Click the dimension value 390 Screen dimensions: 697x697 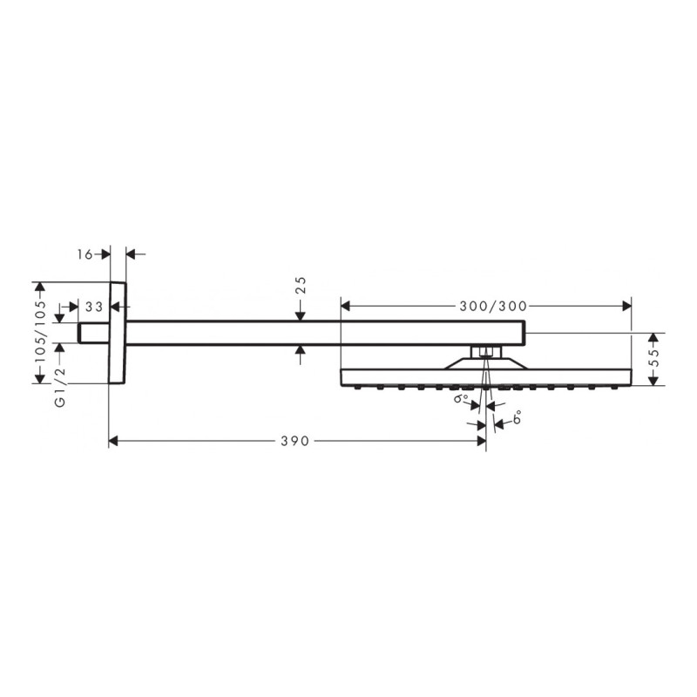(x=295, y=442)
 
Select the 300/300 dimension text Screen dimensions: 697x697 (x=492, y=306)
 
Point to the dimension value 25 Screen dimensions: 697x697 (x=301, y=285)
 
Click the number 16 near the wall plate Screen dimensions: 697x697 (x=85, y=254)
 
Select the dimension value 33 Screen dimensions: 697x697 (x=95, y=307)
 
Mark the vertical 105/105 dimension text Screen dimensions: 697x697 (x=37, y=332)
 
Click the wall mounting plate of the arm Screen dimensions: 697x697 (x=118, y=332)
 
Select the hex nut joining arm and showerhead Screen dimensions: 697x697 (x=485, y=352)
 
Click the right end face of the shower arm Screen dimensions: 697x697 (x=524, y=332)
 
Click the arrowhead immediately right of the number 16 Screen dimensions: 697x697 (x=132, y=254)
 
